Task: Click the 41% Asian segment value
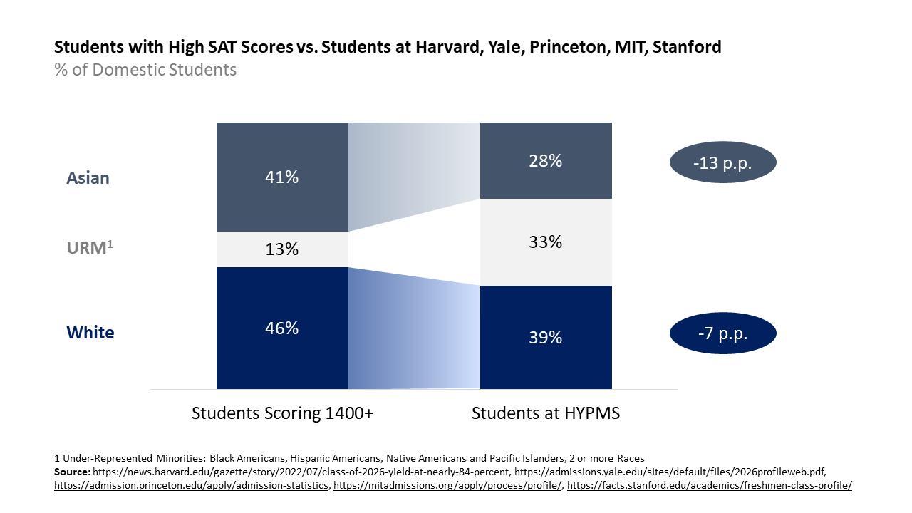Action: [x=282, y=177]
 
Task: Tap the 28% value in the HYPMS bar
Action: [x=546, y=161]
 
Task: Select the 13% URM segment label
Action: [x=282, y=249]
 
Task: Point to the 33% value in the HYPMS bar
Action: [x=546, y=242]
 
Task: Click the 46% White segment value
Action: [x=282, y=328]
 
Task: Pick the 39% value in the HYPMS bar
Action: [x=546, y=337]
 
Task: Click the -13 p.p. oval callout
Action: [x=722, y=163]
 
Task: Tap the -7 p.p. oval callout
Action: [x=722, y=333]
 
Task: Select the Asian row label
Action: [x=88, y=177]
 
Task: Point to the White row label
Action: [x=90, y=333]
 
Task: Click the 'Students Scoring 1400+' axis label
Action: [x=282, y=413]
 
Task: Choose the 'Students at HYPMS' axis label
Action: [x=546, y=413]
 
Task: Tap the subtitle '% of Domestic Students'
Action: [x=145, y=70]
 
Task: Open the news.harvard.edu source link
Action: [x=302, y=472]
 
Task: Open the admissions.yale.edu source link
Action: [x=669, y=472]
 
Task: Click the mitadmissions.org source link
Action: [x=447, y=486]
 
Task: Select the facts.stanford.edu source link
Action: [x=709, y=486]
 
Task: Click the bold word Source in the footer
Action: [x=72, y=472]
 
